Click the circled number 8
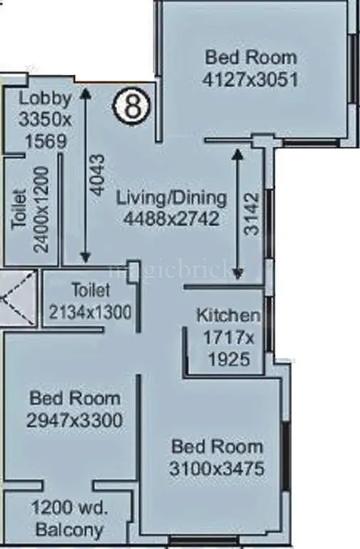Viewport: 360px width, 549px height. click(x=132, y=107)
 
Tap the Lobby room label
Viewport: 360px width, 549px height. click(x=45, y=99)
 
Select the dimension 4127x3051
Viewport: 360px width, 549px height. click(x=250, y=79)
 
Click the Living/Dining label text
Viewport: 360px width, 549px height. click(x=171, y=198)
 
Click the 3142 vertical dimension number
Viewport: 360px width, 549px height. click(x=251, y=214)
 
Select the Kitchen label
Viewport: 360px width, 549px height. click(x=228, y=315)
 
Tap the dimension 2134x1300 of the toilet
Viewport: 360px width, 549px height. click(x=91, y=311)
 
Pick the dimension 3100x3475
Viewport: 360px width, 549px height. click(x=218, y=469)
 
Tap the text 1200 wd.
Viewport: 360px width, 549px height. click(x=69, y=509)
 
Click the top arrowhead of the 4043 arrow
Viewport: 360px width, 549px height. click(x=86, y=92)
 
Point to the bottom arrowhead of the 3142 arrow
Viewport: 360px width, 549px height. click(x=238, y=275)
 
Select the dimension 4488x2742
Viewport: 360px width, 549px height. click(x=171, y=219)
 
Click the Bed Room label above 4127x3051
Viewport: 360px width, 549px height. click(x=250, y=57)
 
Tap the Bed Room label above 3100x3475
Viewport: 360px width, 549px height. click(x=217, y=447)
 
